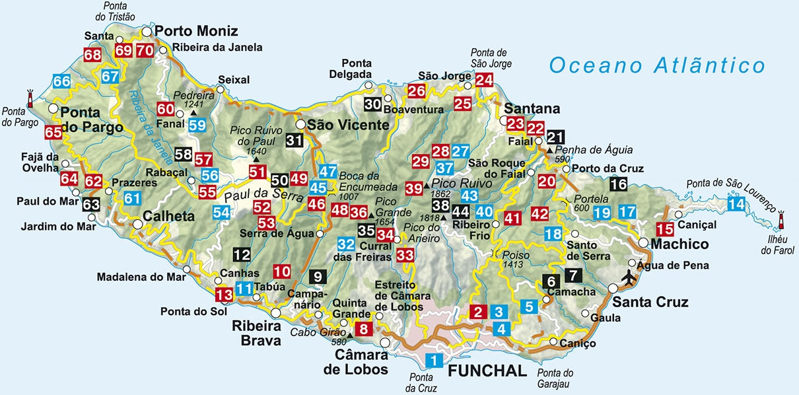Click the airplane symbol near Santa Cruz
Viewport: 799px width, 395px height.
[628, 277]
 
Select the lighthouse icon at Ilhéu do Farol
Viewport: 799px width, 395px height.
[781, 218]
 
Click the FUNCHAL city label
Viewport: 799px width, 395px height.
[487, 370]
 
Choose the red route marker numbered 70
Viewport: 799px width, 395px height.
[145, 50]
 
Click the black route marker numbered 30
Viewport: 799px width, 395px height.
[372, 104]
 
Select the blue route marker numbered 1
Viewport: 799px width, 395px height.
[434, 361]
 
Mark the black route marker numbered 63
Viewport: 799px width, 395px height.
[91, 204]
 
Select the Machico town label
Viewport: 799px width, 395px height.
[679, 244]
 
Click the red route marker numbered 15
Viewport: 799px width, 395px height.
[666, 229]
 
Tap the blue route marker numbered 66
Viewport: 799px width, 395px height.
[61, 82]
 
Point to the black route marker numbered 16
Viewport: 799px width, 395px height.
[619, 184]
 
